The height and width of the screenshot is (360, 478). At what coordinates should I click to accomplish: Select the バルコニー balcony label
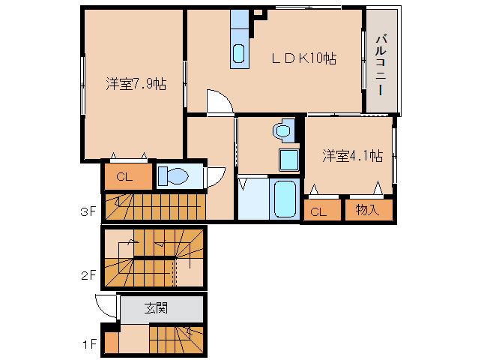pyautogui.click(x=381, y=63)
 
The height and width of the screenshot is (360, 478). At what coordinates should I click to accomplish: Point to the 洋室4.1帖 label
pyautogui.click(x=352, y=156)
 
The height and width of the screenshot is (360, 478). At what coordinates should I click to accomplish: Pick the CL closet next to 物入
pyautogui.click(x=318, y=211)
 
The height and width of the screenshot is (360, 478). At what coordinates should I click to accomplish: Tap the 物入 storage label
pyautogui.click(x=367, y=211)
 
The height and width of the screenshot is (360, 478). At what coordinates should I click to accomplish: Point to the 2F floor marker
pyautogui.click(x=89, y=274)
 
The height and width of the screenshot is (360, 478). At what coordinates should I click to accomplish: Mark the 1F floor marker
pyautogui.click(x=89, y=345)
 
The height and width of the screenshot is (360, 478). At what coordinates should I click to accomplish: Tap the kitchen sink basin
pyautogui.click(x=238, y=54)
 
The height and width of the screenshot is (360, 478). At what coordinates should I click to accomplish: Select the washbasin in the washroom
pyautogui.click(x=282, y=132)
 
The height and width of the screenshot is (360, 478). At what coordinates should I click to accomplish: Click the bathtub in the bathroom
pyautogui.click(x=284, y=199)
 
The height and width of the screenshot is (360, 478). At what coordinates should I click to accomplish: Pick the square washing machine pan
pyautogui.click(x=288, y=160)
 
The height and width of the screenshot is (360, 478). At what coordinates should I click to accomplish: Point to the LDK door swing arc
pyautogui.click(x=217, y=102)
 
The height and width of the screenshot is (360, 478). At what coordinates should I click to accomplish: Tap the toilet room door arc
pyautogui.click(x=214, y=175)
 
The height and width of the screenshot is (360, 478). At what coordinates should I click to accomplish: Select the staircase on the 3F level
pyautogui.click(x=154, y=206)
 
